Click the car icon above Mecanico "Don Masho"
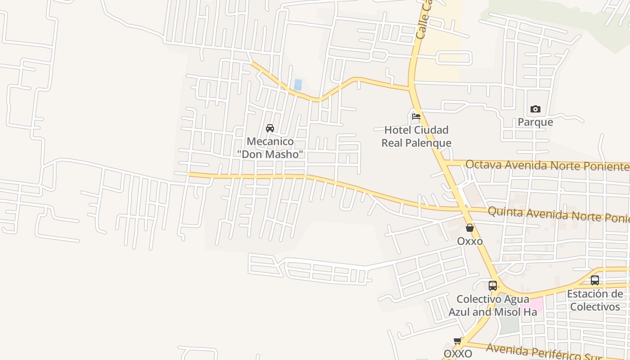[270, 128]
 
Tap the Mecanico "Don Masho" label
[270, 148]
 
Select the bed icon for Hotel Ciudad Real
[416, 116]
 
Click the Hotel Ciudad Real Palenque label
[416, 137]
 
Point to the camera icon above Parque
[535, 109]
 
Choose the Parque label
[535, 122]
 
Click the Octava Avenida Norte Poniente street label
[547, 166]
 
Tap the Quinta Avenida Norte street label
[558, 215]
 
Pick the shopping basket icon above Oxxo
[470, 228]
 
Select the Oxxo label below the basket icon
[470, 241]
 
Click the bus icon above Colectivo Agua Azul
[493, 285]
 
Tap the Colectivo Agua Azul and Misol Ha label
[493, 306]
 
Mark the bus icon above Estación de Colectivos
[595, 280]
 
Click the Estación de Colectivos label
[595, 301]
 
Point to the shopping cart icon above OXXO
[458, 341]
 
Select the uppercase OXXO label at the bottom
[458, 354]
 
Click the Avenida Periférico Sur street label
[535, 352]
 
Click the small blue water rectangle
[298, 85]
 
